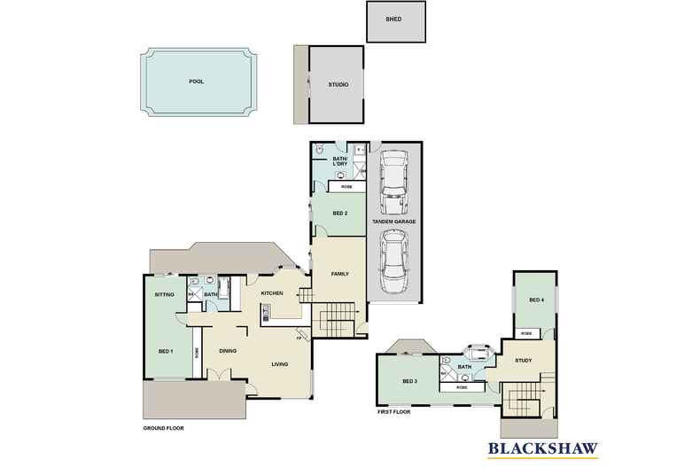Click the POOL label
click(196, 81)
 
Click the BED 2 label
click(338, 214)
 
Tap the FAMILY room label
click(339, 274)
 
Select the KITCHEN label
click(271, 292)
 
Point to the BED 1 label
click(165, 352)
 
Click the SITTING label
click(164, 293)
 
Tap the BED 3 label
click(408, 381)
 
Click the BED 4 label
click(535, 300)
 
